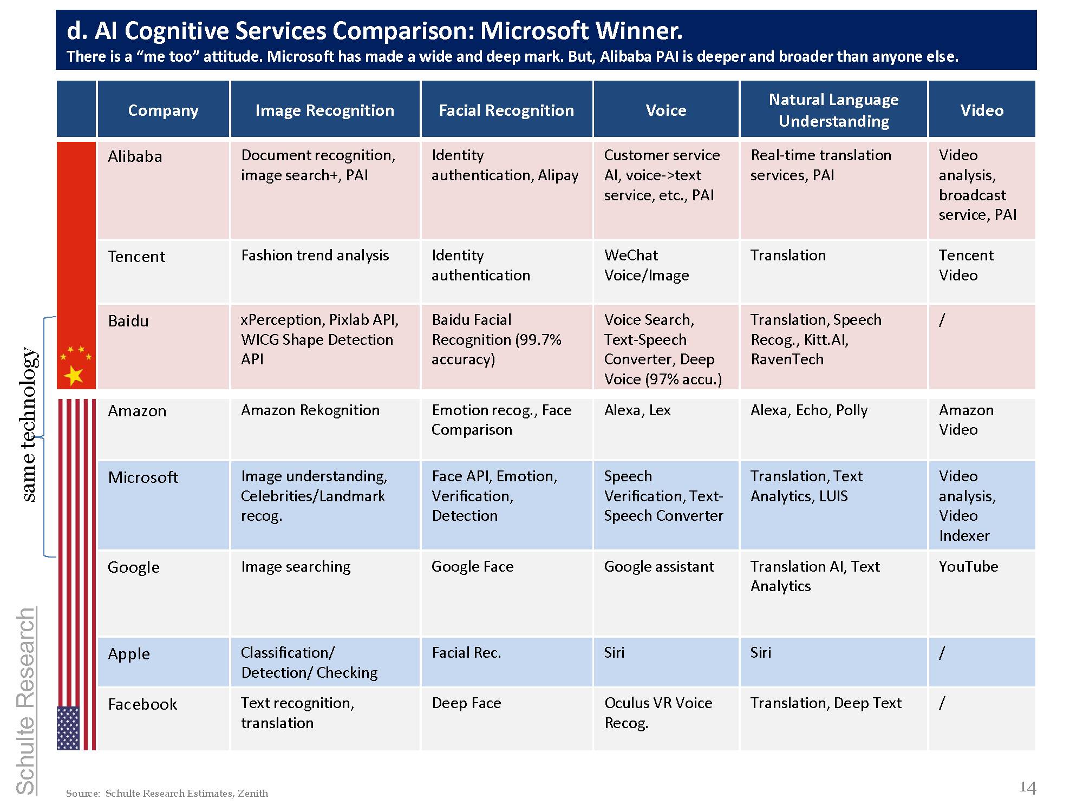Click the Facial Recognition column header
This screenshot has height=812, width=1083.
click(506, 110)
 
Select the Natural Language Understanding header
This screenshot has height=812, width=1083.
click(833, 110)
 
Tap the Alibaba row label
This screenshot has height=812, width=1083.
click(135, 157)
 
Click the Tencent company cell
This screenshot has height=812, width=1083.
click(136, 257)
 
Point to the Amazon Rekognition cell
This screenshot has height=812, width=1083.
click(310, 410)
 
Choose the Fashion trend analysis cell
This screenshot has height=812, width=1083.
click(315, 256)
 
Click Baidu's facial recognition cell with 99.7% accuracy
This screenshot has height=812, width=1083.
click(496, 339)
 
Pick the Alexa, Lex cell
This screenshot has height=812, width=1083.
click(637, 410)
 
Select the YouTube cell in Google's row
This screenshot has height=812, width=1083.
click(968, 567)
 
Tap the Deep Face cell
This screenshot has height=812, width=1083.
click(466, 703)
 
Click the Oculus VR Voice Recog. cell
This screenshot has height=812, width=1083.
click(658, 712)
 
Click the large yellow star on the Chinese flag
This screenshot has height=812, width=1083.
click(74, 375)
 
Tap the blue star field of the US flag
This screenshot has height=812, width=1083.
click(68, 728)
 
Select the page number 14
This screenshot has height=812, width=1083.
click(1027, 787)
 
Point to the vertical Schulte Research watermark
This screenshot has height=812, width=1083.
click(26, 701)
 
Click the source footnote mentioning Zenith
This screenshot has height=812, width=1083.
click(167, 794)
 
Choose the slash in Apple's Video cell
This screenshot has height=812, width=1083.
click(942, 653)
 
